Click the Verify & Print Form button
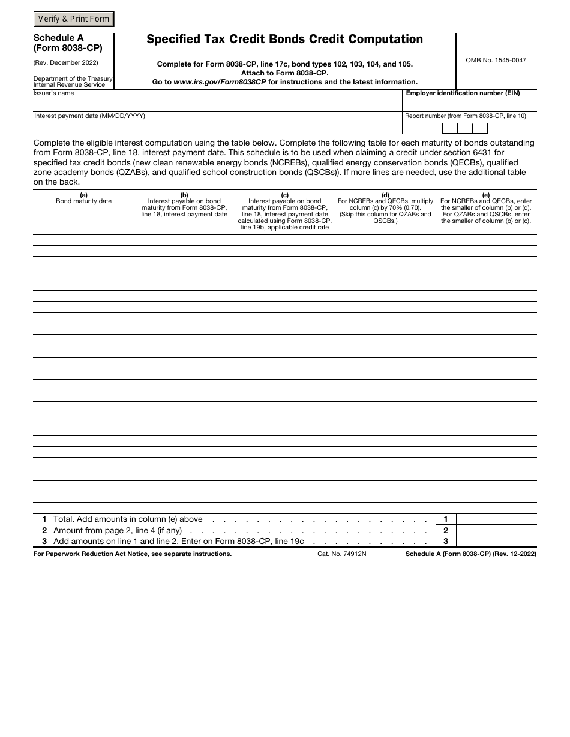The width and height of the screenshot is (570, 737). coord(74,19)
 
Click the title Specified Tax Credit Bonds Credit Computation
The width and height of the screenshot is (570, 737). coord(284,40)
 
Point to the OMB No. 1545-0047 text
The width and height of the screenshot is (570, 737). coord(496,60)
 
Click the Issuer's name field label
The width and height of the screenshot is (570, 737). coord(54,93)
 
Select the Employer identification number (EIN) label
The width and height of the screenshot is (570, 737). coord(463,93)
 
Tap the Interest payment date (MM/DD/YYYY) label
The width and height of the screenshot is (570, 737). coord(89,116)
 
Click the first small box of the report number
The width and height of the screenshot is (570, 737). coord(450,128)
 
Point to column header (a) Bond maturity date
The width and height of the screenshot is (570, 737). coord(83,198)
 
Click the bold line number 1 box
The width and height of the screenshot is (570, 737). coord(446,519)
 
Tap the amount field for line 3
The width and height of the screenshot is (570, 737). coord(496,541)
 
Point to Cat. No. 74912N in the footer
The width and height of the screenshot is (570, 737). coord(341,554)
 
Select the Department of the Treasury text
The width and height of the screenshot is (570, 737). coord(73,78)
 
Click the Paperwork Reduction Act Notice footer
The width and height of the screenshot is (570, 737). coord(132,554)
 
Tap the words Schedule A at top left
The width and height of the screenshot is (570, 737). coord(59,38)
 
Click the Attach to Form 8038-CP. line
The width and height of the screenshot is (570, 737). coord(284,73)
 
